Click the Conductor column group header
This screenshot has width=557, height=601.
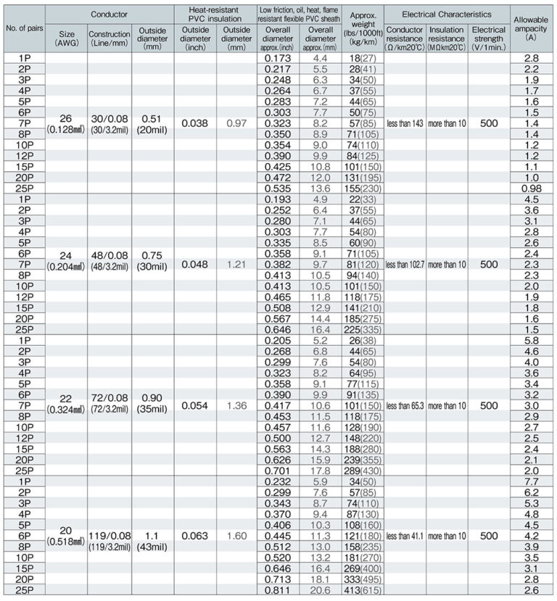pyautogui.click(x=109, y=14)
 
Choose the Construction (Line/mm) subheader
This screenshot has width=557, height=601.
pyautogui.click(x=109, y=38)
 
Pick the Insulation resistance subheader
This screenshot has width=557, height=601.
pyautogui.click(x=447, y=38)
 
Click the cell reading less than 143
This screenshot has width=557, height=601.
pyautogui.click(x=405, y=123)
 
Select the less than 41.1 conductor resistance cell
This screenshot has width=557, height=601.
pyautogui.click(x=405, y=536)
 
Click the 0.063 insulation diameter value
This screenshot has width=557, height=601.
pyautogui.click(x=194, y=536)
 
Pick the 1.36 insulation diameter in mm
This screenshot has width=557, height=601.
pyautogui.click(x=236, y=405)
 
